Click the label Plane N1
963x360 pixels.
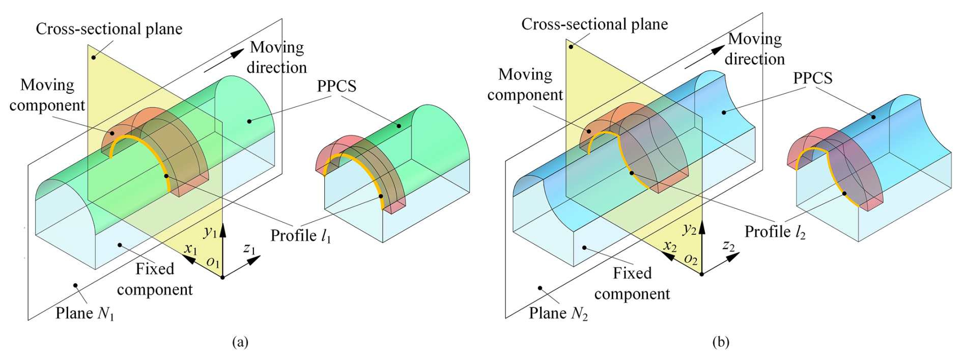(85, 313)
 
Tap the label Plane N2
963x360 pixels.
(558, 313)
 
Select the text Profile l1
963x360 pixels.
(301, 236)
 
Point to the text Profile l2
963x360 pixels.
(775, 232)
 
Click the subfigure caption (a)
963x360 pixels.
(240, 342)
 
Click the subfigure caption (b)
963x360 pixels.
(721, 342)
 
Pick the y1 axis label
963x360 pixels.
(210, 232)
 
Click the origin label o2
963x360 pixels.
(691, 259)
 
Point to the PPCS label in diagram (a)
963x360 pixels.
(336, 86)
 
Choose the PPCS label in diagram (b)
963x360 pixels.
(813, 78)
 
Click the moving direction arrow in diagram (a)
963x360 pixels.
(224, 61)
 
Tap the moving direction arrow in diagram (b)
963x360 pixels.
(704, 57)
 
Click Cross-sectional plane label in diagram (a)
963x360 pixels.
(109, 29)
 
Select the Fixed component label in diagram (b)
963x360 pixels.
(632, 283)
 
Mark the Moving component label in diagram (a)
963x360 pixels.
(47, 95)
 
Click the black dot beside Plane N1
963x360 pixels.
(75, 285)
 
